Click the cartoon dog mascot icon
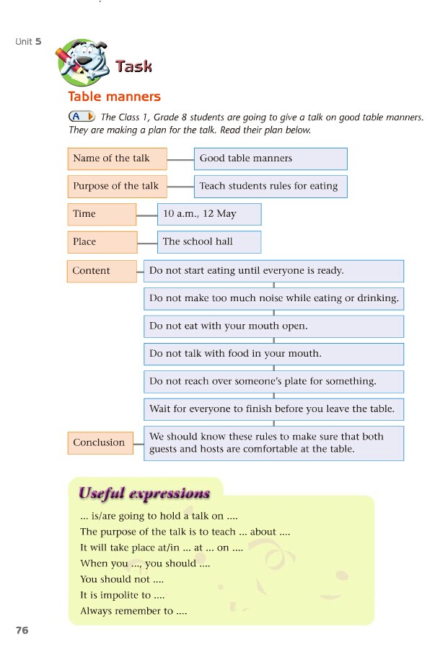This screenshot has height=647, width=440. (x=81, y=63)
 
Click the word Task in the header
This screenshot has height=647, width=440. (x=133, y=67)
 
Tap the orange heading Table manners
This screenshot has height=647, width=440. (x=114, y=97)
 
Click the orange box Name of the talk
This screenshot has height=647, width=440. (x=117, y=159)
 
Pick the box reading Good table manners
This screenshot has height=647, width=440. (x=270, y=159)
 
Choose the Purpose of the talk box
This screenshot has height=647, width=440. (x=117, y=186)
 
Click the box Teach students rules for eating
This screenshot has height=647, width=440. (x=270, y=186)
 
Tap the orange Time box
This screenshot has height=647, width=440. (x=102, y=214)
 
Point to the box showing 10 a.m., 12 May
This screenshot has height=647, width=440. (x=209, y=214)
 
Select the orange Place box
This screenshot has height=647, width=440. (x=102, y=242)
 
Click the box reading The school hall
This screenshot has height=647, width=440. (x=209, y=242)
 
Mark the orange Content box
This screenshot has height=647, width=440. (x=102, y=271)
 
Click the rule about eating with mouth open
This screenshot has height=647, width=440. (x=273, y=326)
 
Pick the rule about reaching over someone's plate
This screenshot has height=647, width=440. (x=273, y=382)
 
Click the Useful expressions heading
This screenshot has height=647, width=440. (x=144, y=494)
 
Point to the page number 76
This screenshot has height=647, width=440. (x=22, y=630)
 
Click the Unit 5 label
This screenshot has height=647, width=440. (x=28, y=42)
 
